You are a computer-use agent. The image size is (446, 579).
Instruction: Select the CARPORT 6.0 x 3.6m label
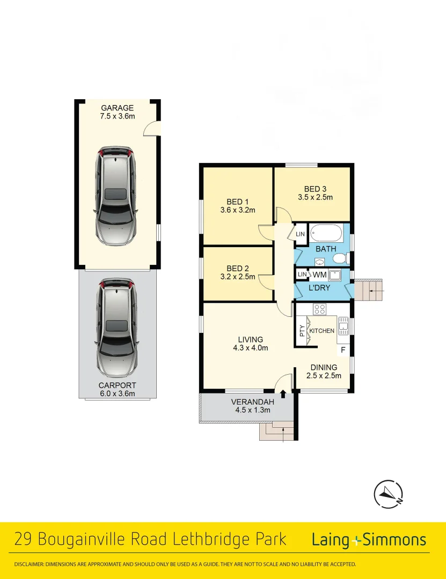pyautogui.click(x=117, y=389)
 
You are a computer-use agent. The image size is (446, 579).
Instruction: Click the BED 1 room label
pyautogui.click(x=238, y=206)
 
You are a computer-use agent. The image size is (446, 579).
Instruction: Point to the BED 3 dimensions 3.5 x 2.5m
pyautogui.click(x=315, y=197)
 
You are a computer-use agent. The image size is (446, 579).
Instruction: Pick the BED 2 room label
pyautogui.click(x=238, y=273)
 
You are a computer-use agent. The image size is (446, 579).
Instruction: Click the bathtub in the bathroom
pyautogui.click(x=326, y=234)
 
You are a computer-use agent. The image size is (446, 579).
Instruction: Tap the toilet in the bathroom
pyautogui.click(x=340, y=259)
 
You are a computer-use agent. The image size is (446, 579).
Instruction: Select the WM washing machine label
pyautogui.click(x=319, y=275)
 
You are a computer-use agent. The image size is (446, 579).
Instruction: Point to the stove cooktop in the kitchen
pyautogui.click(x=320, y=309)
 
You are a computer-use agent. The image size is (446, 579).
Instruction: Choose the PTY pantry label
pyautogui.click(x=302, y=330)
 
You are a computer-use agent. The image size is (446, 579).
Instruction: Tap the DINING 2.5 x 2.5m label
pyautogui.click(x=323, y=372)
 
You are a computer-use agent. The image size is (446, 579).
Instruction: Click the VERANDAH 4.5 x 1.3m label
pyautogui.click(x=253, y=406)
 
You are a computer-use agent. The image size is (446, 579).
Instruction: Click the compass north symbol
pyautogui.click(x=389, y=493)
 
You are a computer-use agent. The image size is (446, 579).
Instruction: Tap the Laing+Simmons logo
pyautogui.click(x=369, y=540)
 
